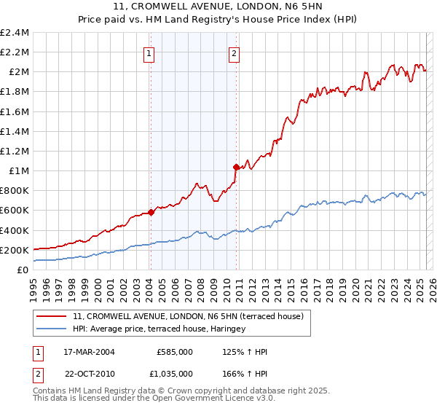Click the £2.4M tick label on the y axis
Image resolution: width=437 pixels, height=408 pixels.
point(15,33)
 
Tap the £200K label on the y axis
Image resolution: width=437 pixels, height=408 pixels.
point(15,250)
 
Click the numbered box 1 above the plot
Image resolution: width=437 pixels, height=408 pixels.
point(149,52)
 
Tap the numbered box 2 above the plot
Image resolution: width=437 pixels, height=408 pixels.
point(234,52)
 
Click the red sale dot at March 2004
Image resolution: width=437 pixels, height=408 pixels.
point(151,212)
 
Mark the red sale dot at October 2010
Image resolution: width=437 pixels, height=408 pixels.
point(236,168)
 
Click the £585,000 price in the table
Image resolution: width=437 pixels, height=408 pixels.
point(174,352)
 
